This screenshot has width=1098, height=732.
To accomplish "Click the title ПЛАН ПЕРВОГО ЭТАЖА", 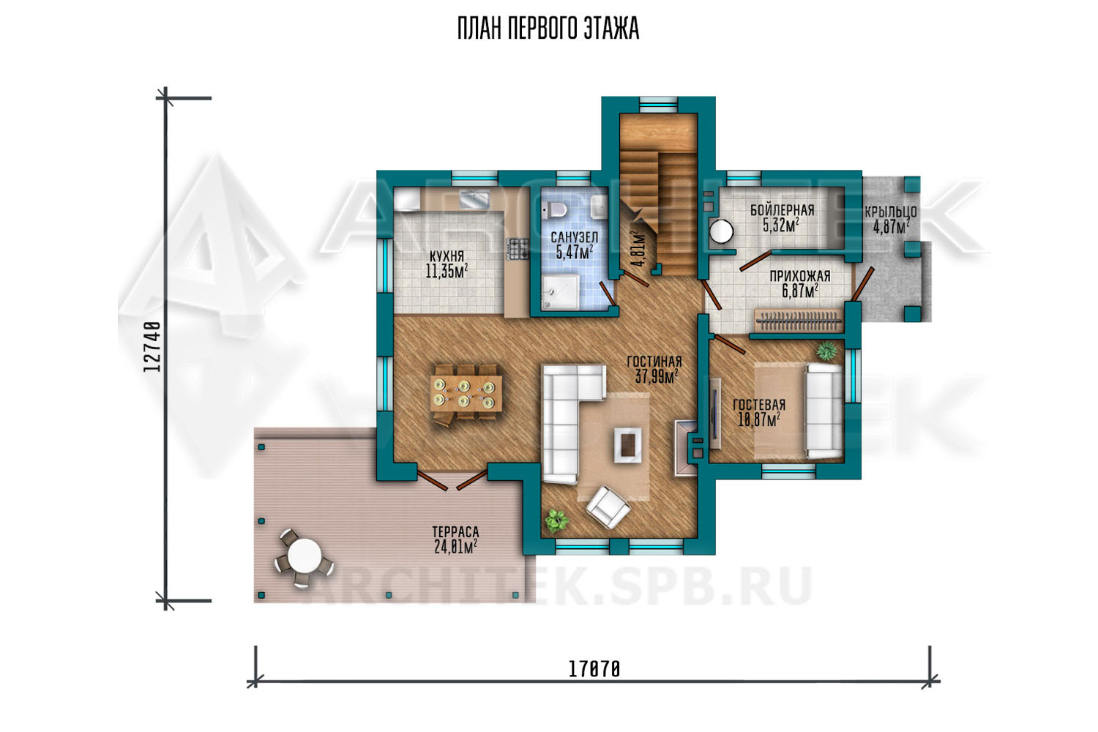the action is tap(548, 29).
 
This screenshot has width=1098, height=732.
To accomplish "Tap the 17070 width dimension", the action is tap(594, 669).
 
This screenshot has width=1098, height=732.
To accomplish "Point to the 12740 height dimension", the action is tap(152, 346).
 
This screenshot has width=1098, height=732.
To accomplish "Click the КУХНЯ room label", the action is tap(447, 256).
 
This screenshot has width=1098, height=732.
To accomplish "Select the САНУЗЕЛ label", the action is tap(574, 237).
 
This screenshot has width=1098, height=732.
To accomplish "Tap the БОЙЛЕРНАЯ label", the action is tap(783, 210).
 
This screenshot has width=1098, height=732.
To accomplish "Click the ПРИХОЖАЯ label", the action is tap(800, 276).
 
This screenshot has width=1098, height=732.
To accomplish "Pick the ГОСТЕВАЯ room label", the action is tap(759, 405).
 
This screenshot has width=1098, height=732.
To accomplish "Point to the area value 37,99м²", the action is tap(657, 376).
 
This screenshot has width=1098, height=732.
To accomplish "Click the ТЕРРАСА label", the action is tap(455, 532).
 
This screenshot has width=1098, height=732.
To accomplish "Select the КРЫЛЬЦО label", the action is tap(891, 212).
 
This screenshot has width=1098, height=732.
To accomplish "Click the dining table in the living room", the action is tap(466, 393).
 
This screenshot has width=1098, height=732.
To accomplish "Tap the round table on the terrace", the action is tap(304, 556).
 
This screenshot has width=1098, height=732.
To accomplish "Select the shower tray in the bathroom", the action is tap(561, 292).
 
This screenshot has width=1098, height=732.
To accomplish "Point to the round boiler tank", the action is tap(721, 231).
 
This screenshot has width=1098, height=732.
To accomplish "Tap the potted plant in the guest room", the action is tap(827, 351).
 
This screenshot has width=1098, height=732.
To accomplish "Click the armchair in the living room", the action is tap(608, 507).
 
